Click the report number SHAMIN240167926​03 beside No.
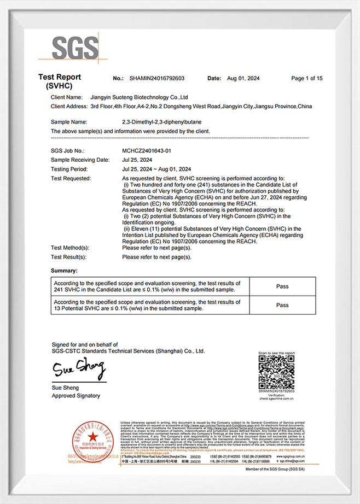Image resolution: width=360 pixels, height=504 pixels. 156,79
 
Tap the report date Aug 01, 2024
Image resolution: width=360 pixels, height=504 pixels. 245,79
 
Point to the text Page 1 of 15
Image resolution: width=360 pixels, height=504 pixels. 307,79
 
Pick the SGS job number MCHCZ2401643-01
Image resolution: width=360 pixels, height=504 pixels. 147,150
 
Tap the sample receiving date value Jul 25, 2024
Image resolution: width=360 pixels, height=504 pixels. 138,160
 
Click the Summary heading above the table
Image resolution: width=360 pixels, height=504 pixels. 64,271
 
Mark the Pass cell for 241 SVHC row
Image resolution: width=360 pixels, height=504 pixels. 282,286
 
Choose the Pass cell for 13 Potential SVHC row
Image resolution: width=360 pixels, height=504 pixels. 282,305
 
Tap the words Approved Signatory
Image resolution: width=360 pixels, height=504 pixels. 76,395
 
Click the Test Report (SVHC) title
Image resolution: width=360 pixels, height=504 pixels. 60,81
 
